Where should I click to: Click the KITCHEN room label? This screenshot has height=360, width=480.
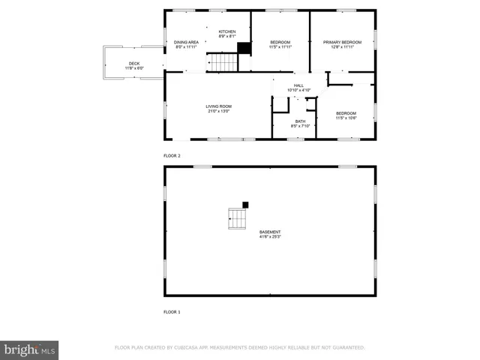coord(227,31)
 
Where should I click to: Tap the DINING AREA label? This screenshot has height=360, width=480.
coord(186,42)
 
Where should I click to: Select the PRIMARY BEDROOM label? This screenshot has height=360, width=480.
coord(342,42)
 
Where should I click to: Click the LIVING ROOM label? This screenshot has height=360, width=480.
coord(219,106)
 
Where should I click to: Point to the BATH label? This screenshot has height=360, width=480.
coord(300,121)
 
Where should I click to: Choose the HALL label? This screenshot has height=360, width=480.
coord(298,85)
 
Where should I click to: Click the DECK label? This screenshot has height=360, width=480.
coord(134,64)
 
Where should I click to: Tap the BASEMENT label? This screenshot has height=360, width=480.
coord(270,232)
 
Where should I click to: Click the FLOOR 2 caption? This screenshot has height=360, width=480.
coord(172,155)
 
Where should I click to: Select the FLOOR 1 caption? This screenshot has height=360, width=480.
coord(172,311)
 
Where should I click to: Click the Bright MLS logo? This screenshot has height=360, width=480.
coord(30,349)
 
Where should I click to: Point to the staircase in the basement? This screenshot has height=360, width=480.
coord(237,219)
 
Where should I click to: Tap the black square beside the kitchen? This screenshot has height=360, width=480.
coord(244,49)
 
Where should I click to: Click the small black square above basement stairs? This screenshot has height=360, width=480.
coord(245,205)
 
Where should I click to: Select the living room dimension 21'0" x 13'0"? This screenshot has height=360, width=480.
coord(219,112)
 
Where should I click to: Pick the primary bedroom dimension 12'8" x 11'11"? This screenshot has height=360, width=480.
coord(342,47)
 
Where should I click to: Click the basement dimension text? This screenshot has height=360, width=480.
coord(270,237)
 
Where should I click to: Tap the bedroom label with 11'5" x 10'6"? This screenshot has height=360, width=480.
coord(346,115)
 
